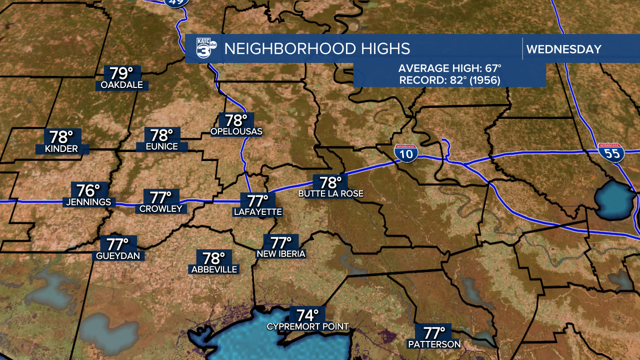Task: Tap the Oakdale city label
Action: click(121, 85)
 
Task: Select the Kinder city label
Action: click(61, 148)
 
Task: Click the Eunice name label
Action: click(162, 146)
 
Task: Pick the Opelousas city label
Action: click(236, 131)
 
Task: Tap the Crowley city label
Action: click(161, 208)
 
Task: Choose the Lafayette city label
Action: click(258, 212)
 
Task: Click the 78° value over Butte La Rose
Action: click(330, 182)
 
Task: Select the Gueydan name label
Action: click(120, 256)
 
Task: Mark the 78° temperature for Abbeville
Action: click(214, 258)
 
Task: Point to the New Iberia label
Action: click(280, 254)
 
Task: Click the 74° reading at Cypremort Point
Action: click(307, 315)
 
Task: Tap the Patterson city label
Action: click(434, 344)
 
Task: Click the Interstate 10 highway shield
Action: click(405, 153)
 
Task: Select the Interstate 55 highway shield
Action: click(611, 152)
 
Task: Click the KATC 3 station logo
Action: click(205, 49)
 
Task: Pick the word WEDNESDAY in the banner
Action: click(563, 49)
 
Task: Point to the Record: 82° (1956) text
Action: click(449, 80)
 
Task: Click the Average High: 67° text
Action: click(449, 68)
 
